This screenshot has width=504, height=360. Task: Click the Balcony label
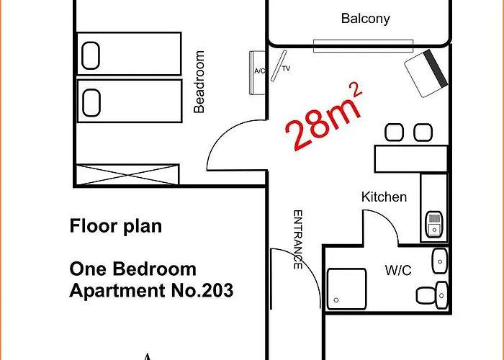tap(366, 19)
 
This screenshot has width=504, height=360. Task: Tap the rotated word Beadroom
tap(200, 81)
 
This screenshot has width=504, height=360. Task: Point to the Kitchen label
tap(384, 197)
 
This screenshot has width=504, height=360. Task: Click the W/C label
tap(397, 271)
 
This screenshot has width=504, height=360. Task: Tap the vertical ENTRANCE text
tap(297, 240)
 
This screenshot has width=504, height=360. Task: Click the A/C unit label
tap(259, 71)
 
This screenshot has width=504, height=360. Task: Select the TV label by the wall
tap(286, 69)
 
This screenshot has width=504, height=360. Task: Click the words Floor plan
tap(115, 226)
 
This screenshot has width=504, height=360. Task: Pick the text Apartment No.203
tap(151, 292)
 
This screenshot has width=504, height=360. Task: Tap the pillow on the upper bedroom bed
tap(91, 55)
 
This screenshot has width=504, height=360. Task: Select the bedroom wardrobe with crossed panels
tap(127, 175)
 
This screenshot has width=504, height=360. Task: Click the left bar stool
tap(394, 132)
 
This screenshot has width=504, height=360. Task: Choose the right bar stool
tap(422, 132)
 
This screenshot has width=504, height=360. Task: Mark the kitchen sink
tap(433, 225)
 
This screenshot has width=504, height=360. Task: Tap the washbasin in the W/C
tap(439, 261)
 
